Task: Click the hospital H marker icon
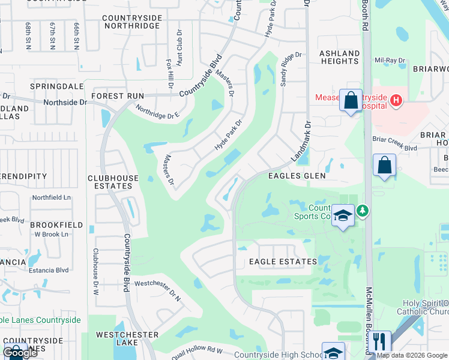396,101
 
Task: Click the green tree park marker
362,211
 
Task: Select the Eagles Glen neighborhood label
297,176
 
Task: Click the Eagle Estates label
283,262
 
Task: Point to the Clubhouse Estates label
110,182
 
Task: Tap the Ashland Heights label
339,57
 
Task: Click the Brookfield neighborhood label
56,224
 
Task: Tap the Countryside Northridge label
132,22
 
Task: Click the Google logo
20,353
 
